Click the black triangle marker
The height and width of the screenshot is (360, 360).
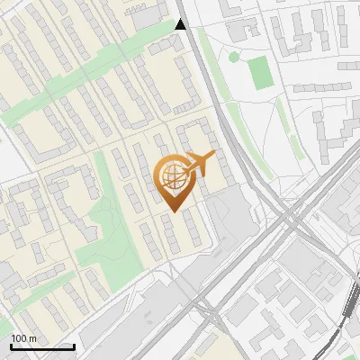click(x=181, y=24)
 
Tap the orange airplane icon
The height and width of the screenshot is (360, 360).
click(x=200, y=164)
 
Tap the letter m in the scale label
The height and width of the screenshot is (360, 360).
click(x=32, y=338)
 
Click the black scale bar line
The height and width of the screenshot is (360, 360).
click(x=42, y=346)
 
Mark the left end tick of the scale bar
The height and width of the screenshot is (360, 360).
click(x=12, y=346)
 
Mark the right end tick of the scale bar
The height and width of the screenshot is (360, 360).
click(x=73, y=346)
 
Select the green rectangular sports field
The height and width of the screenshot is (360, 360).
click(x=259, y=73)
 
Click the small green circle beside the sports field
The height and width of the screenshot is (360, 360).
click(x=234, y=58)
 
